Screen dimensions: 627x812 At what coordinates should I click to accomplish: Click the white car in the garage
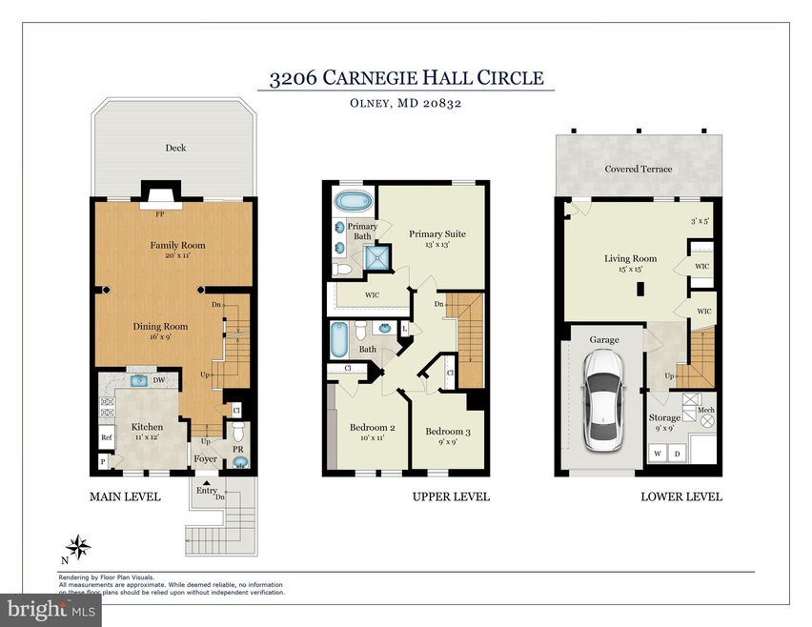point(602,401)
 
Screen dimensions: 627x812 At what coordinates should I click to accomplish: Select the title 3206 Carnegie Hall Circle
point(406,77)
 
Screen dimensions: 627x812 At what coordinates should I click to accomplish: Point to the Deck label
point(174,148)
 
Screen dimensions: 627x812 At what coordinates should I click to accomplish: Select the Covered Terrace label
point(638,169)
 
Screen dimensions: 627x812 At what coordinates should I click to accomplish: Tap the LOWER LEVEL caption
point(680,496)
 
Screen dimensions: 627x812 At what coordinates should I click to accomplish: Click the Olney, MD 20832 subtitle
point(406,105)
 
